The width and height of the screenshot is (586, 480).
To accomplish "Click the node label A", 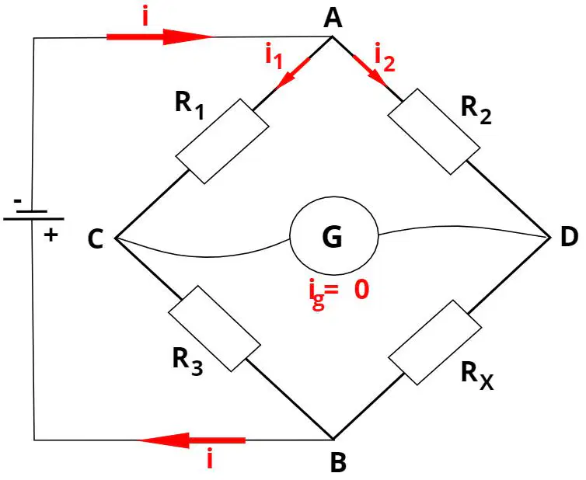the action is click(333, 19).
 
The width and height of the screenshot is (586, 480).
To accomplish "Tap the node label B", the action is click(338, 462).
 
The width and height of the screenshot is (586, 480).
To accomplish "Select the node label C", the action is click(96, 239).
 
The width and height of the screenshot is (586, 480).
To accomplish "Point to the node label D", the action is click(569, 237).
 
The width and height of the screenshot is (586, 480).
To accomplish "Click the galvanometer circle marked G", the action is click(334, 235).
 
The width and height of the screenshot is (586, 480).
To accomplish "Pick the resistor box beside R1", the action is click(222, 141).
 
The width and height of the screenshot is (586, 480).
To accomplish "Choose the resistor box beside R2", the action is click(434, 131).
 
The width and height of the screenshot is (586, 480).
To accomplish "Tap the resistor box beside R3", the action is click(215, 329).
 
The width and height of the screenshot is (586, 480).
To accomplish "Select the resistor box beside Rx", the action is click(435, 343).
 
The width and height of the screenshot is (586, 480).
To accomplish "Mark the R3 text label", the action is click(187, 361).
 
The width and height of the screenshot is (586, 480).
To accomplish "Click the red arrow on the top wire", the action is click(161, 37).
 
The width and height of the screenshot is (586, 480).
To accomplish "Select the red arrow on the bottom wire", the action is click(192, 440).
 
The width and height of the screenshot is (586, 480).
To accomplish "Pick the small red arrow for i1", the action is click(293, 74).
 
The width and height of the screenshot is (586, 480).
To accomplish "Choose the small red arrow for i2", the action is click(369, 71).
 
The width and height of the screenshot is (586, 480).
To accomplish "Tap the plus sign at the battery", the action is click(51, 235).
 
